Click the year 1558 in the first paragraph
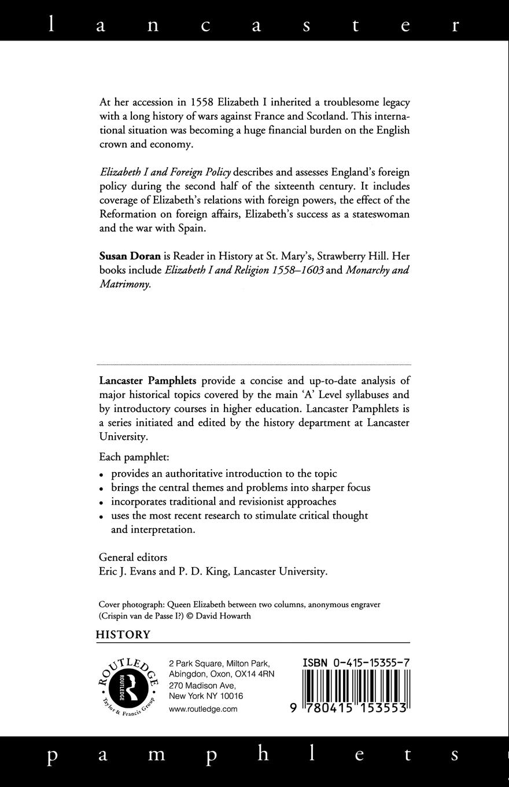(202, 102)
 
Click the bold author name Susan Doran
(130, 256)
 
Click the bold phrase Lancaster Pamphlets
(147, 381)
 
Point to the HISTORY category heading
(123, 635)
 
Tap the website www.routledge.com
(203, 709)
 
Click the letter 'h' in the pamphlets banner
(263, 754)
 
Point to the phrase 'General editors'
(133, 558)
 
